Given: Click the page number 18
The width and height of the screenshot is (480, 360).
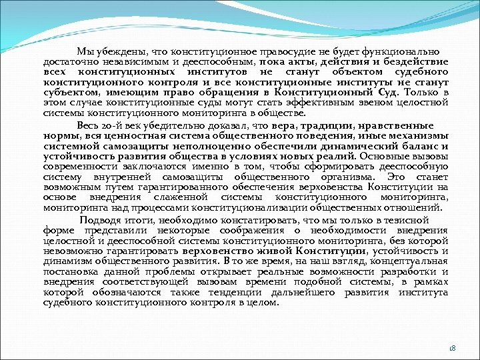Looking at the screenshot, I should point(451,347).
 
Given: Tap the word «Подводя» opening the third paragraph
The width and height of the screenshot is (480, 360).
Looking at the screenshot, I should point(99,220).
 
